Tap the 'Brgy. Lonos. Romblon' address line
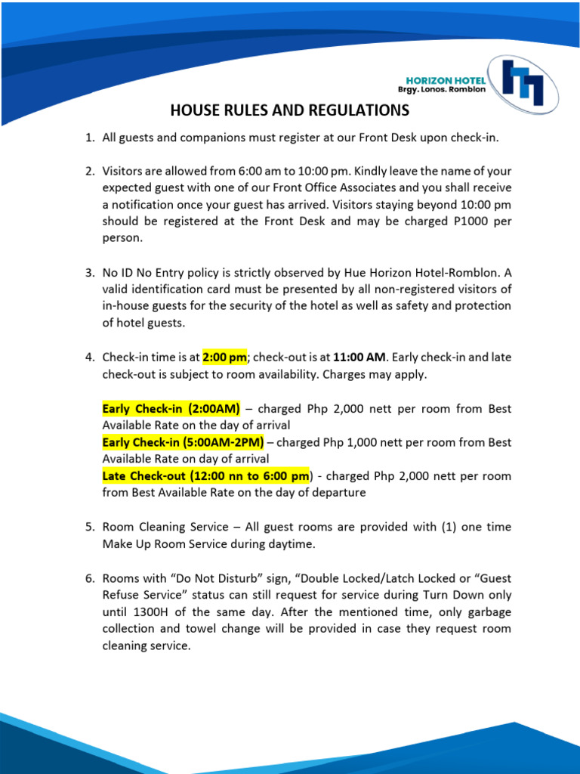coord(442,90)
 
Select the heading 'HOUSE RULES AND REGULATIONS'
coord(289,111)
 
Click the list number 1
coord(89,138)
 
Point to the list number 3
coord(89,272)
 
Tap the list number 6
coord(89,579)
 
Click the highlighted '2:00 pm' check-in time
coord(224,357)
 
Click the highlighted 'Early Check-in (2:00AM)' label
coord(171,409)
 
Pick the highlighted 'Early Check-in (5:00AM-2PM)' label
coord(183,442)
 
